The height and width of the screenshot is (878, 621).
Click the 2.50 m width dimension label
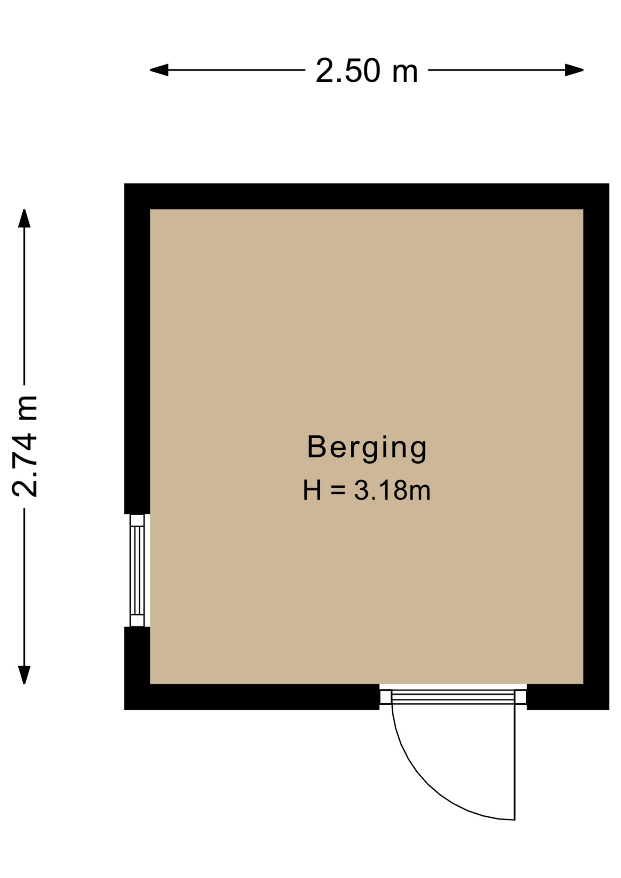pyautogui.click(x=367, y=71)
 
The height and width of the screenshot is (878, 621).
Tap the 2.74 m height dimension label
pyautogui.click(x=25, y=446)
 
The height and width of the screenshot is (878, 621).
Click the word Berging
pyautogui.click(x=367, y=448)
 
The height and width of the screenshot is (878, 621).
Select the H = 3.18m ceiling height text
pyautogui.click(x=367, y=490)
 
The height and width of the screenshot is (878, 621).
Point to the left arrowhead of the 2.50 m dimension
pyautogui.click(x=159, y=70)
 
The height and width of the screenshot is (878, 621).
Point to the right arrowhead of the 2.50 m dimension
pyautogui.click(x=574, y=70)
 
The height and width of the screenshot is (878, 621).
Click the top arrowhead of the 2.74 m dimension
pyautogui.click(x=24, y=218)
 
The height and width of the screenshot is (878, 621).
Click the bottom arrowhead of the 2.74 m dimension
pyautogui.click(x=24, y=675)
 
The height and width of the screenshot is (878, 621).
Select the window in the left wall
pyautogui.click(x=137, y=570)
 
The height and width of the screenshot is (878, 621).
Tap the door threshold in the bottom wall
pyautogui.click(x=453, y=696)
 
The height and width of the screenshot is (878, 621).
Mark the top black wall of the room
pyautogui.click(x=367, y=196)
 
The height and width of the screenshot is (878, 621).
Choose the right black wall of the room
pyautogui.click(x=596, y=446)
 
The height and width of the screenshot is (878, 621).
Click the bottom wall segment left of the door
pyautogui.click(x=252, y=697)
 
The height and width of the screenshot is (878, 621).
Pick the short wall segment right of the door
pyautogui.click(x=568, y=697)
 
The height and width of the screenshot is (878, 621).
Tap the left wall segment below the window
pyautogui.click(x=137, y=668)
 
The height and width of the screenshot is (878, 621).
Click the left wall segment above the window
pyautogui.click(x=137, y=348)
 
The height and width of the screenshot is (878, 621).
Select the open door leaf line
pyautogui.click(x=515, y=762)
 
